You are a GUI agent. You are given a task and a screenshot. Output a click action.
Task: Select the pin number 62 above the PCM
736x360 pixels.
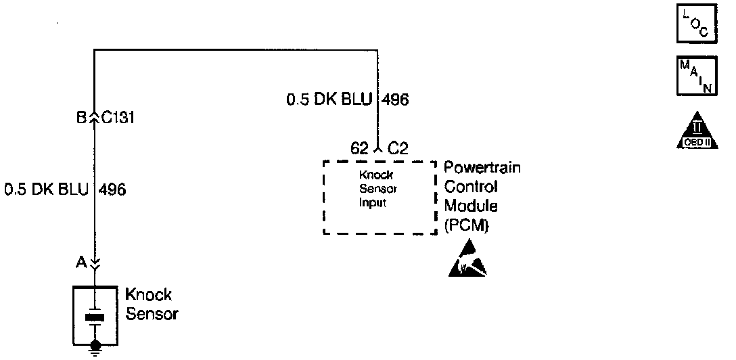(359, 148)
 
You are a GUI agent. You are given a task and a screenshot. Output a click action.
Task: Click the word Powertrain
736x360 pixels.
(482, 168)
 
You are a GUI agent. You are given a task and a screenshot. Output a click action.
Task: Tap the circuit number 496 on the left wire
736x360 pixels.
(112, 189)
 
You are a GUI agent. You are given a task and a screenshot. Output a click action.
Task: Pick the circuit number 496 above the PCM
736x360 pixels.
(395, 100)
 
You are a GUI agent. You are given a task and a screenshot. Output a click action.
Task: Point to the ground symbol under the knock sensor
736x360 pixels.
(95, 350)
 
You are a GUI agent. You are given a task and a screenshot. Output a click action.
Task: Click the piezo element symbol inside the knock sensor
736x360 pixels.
(95, 317)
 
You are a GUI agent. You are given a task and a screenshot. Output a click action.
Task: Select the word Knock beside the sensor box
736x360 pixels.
(149, 295)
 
